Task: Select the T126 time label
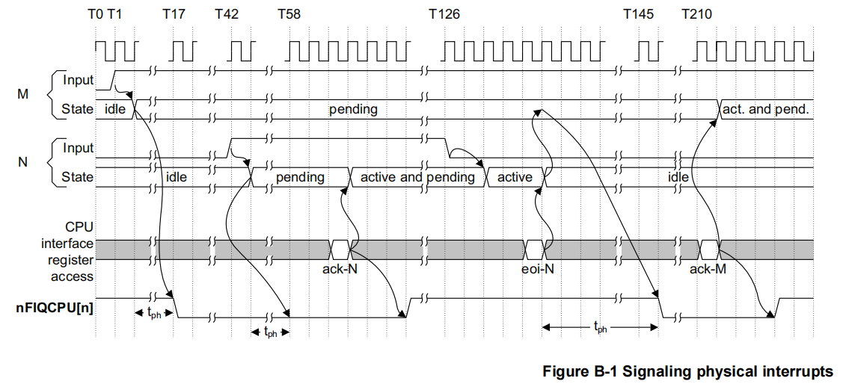444,14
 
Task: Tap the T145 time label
641,14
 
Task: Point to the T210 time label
697,14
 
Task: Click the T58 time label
289,14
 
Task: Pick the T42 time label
229,14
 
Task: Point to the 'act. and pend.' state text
765,110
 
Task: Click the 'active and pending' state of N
417,178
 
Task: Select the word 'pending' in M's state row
353,110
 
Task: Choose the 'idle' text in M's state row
115,110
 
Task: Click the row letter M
23,94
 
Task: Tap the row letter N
23,162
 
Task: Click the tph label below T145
600,326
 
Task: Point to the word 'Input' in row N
79,148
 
